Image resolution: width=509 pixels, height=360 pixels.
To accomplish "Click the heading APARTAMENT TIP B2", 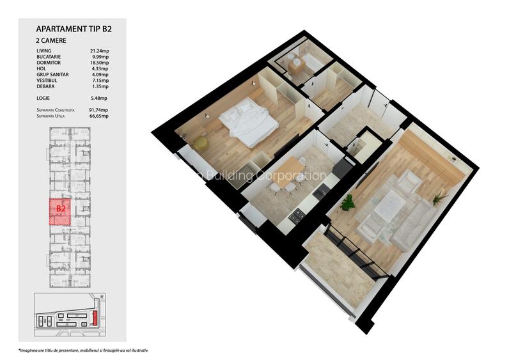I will click(x=78, y=29).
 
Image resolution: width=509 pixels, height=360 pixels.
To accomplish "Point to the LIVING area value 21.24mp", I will click(x=99, y=51).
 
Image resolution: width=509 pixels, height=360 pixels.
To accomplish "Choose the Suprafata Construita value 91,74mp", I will click(x=99, y=110).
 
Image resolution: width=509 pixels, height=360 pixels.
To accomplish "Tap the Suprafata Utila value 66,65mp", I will click(x=99, y=116).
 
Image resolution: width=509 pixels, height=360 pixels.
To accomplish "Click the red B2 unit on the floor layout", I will click(x=61, y=212).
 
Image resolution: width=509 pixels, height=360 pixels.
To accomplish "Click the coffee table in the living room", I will click(x=390, y=207).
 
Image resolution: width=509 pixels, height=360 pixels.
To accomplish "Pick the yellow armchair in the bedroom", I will click(x=201, y=143).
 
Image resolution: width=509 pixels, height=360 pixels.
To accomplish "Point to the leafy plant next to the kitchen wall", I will click(x=347, y=203).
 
